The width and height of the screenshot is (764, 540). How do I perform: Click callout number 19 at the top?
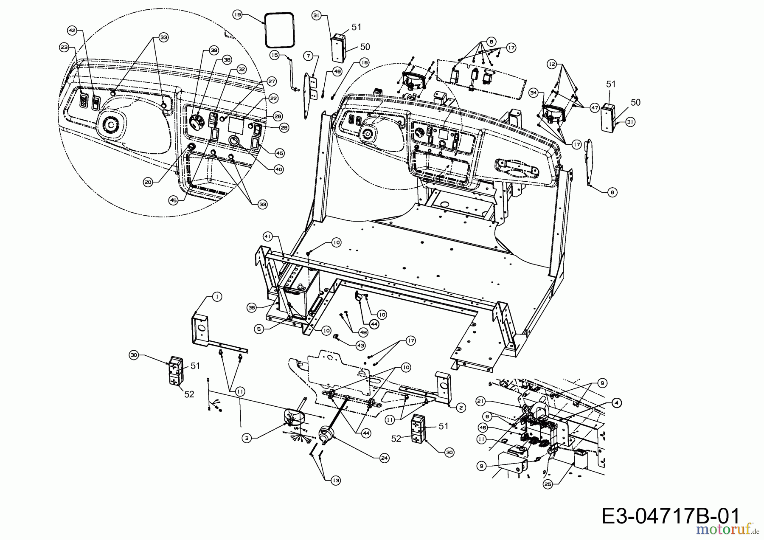pyautogui.click(x=237, y=14)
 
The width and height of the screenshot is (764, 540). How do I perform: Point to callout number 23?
pyautogui.click(x=64, y=48)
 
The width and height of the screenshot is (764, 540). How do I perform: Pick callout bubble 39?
pyautogui.click(x=213, y=51)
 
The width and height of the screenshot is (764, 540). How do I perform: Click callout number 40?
pyautogui.click(x=278, y=169)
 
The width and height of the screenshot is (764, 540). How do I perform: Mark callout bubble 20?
pyautogui.click(x=148, y=182)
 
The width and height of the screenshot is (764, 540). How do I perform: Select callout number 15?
pyautogui.click(x=275, y=55)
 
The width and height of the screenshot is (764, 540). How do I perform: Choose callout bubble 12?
pyautogui.click(x=551, y=64)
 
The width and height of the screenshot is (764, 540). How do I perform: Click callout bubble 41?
pyautogui.click(x=267, y=236)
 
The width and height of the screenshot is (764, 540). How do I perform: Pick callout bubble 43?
pyautogui.click(x=360, y=346)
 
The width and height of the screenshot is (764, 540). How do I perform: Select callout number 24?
pyautogui.click(x=385, y=458)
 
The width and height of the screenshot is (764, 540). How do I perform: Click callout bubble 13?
pyautogui.click(x=336, y=481)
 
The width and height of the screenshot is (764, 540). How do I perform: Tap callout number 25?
pyautogui.click(x=549, y=484)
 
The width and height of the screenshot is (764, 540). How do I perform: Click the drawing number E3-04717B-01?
pyautogui.click(x=670, y=517)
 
